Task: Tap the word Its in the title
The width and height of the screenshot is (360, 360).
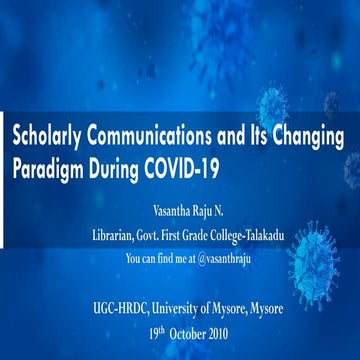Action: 250,136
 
